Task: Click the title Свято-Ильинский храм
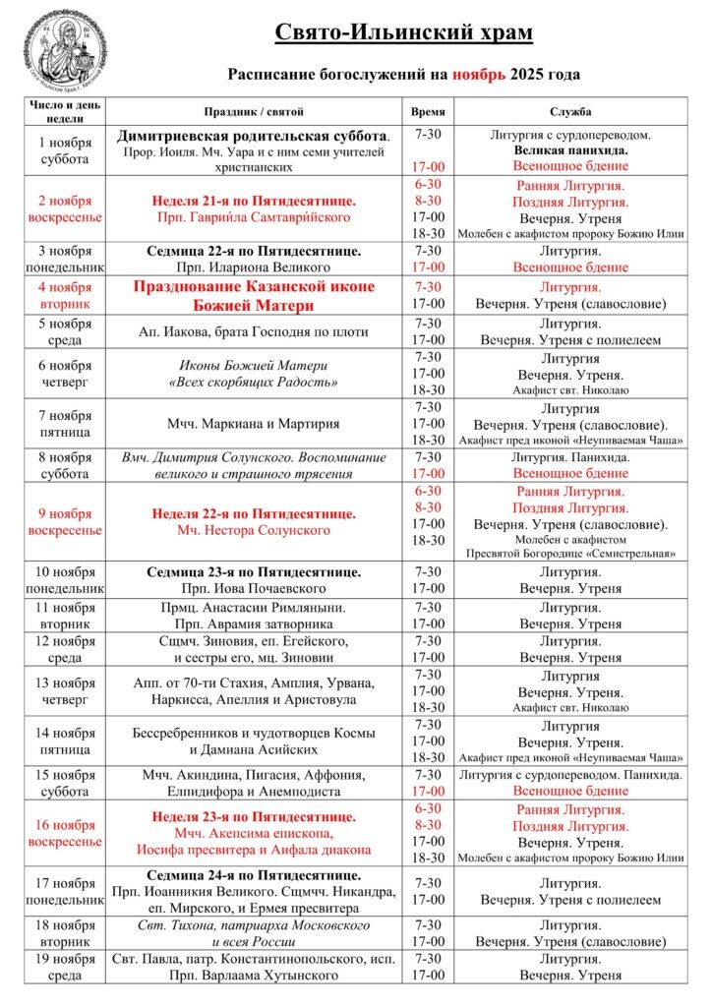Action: click(403, 33)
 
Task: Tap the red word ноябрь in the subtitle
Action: click(479, 74)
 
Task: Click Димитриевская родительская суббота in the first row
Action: click(254, 136)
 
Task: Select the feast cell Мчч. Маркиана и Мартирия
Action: click(254, 424)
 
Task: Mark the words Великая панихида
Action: click(570, 151)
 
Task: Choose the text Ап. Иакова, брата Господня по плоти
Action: click(254, 331)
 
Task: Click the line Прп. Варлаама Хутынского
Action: click(254, 975)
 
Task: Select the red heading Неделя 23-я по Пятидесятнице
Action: click(254, 816)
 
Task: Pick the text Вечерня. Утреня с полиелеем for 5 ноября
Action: click(570, 340)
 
